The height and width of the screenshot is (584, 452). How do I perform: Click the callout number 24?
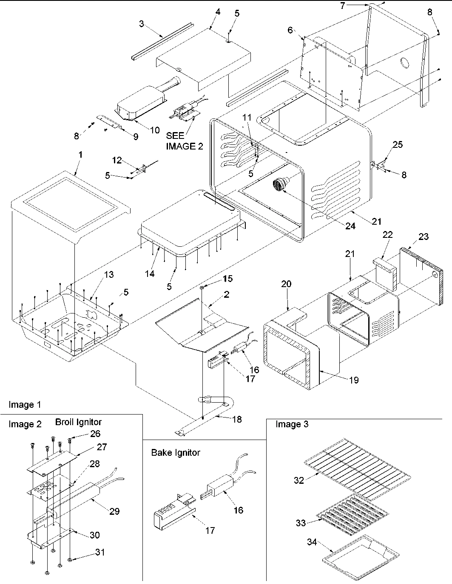(350, 226)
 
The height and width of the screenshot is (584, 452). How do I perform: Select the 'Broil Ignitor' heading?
(78, 422)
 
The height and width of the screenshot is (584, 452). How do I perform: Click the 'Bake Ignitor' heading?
(176, 452)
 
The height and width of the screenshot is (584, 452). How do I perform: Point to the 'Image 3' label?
(292, 424)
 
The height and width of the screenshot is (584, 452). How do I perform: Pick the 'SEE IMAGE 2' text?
(185, 141)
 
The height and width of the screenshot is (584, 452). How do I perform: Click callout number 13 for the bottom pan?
(109, 274)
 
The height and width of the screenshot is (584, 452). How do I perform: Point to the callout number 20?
(286, 284)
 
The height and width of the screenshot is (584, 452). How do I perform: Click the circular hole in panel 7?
(404, 64)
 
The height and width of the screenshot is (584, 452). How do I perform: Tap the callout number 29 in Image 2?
(114, 511)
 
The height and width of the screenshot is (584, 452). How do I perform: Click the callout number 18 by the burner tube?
(236, 419)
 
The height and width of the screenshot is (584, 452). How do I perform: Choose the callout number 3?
(142, 24)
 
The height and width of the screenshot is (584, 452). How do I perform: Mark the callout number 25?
(397, 144)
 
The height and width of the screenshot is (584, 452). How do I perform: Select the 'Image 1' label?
(25, 405)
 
